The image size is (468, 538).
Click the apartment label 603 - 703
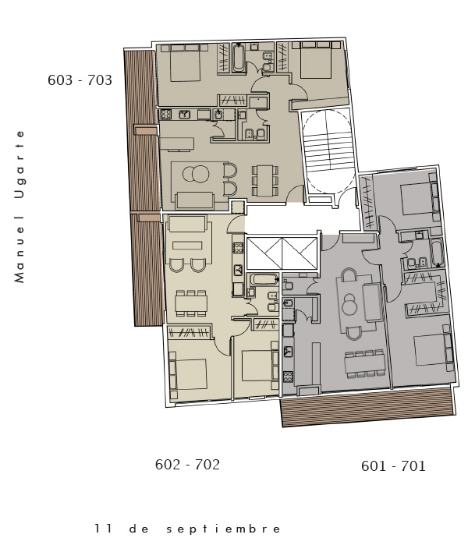pos(80,80)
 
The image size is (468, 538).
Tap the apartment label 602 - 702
pos(187,465)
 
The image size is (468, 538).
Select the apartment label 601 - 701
pos(393,466)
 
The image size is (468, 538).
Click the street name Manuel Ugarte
pos(19,207)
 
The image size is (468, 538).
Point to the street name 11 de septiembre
pos(187,529)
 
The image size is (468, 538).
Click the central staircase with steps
pos(328,151)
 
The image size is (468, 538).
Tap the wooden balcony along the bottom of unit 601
pos(367,406)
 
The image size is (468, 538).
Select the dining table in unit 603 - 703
pos(265,180)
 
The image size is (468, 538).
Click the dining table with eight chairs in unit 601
pos(365,363)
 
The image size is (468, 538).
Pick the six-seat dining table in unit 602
pos(191,303)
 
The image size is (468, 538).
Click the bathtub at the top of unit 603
pos(239,58)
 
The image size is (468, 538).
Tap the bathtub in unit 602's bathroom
pos(264,279)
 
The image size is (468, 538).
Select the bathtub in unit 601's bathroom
pos(437,253)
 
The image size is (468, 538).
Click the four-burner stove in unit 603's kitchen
pos(165,114)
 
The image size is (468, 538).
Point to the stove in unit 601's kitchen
pos(288,377)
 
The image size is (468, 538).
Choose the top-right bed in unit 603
pos(316,60)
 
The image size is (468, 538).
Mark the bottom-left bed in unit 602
pos(188,374)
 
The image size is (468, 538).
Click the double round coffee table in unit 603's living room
pos(196,174)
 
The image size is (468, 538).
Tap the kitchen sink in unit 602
pos(239,271)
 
